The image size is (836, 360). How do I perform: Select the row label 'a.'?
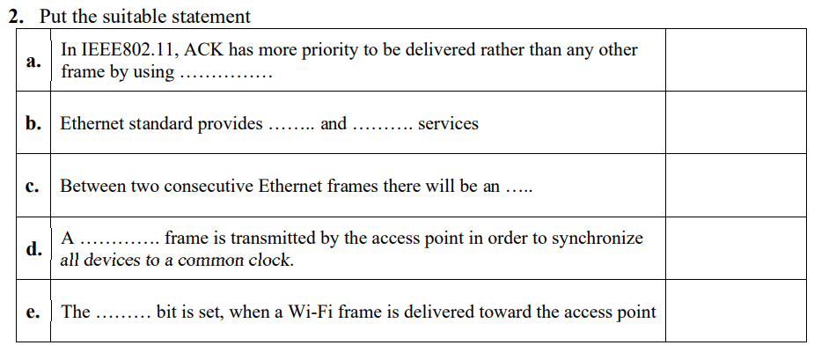click(33, 62)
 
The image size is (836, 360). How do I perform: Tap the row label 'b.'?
click(33, 124)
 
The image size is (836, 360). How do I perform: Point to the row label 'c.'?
click(33, 187)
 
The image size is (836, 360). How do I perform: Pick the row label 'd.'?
click(33, 249)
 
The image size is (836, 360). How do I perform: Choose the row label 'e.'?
click(33, 312)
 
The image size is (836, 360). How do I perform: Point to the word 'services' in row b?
click(448, 124)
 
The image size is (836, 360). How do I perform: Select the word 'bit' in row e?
click(167, 312)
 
